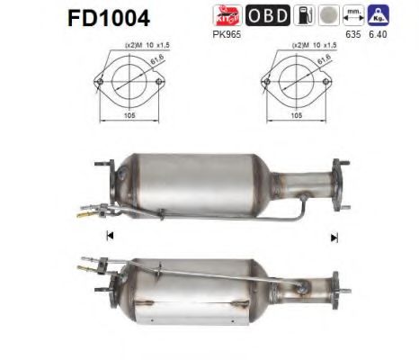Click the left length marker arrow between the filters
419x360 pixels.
[110, 237]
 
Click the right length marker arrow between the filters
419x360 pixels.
[334, 237]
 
